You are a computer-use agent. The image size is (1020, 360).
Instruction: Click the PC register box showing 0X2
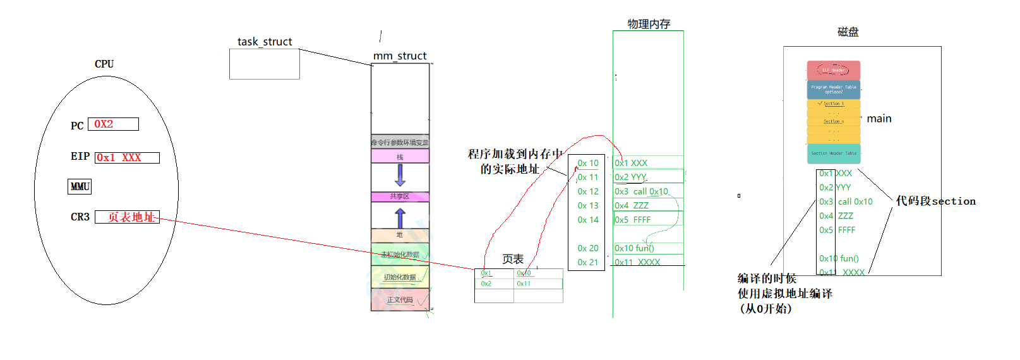point(113,124)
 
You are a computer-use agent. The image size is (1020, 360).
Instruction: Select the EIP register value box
point(127,158)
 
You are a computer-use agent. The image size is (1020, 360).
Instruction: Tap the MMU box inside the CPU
point(80,187)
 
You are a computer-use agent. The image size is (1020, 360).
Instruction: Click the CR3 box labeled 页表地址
point(127,217)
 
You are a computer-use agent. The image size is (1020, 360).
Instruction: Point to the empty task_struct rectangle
point(264,64)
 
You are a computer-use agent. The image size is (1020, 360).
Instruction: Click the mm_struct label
point(400,56)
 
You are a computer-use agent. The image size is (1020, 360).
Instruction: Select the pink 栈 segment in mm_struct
point(400,157)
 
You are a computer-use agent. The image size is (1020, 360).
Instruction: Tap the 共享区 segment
point(400,197)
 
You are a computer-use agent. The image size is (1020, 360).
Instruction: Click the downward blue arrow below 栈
point(400,175)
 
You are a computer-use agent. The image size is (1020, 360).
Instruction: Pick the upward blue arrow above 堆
point(400,218)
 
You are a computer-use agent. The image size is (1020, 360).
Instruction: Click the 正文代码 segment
point(400,300)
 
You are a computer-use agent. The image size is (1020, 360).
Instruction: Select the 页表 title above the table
point(513,259)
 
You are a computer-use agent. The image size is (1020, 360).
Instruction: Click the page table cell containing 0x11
point(537,284)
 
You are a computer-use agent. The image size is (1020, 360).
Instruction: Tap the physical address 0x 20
point(588,248)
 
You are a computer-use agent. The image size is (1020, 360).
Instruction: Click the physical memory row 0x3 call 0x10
point(648,191)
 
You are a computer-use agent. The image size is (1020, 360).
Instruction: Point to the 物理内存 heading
point(649,24)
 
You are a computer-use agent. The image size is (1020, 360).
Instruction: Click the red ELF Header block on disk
point(834,70)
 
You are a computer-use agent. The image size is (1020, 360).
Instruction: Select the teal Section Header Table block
point(834,153)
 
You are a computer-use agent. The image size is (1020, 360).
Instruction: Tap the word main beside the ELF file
point(879,119)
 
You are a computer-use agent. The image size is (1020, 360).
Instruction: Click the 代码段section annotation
point(935,201)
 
